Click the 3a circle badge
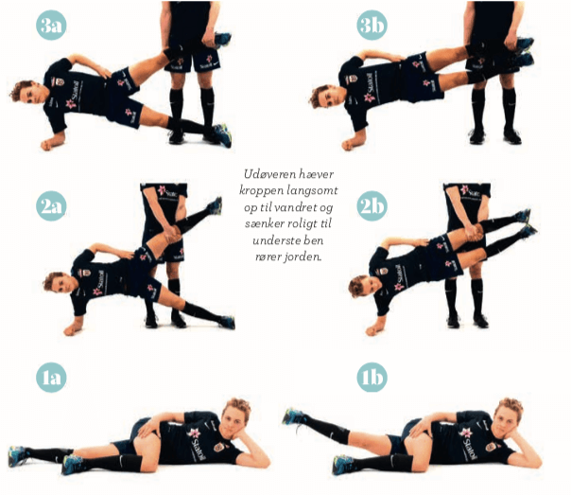pos(51,25)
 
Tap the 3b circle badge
pos(372,25)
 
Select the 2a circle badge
pos(51,206)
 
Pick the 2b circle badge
pos(372,206)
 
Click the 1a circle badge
pos(51,378)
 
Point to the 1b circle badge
pos(372,378)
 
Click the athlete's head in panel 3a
pos(28,93)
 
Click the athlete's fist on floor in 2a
pos(72,330)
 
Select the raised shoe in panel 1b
pos(293,416)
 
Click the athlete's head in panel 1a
pos(236,417)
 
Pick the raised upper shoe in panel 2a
pos(215,206)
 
